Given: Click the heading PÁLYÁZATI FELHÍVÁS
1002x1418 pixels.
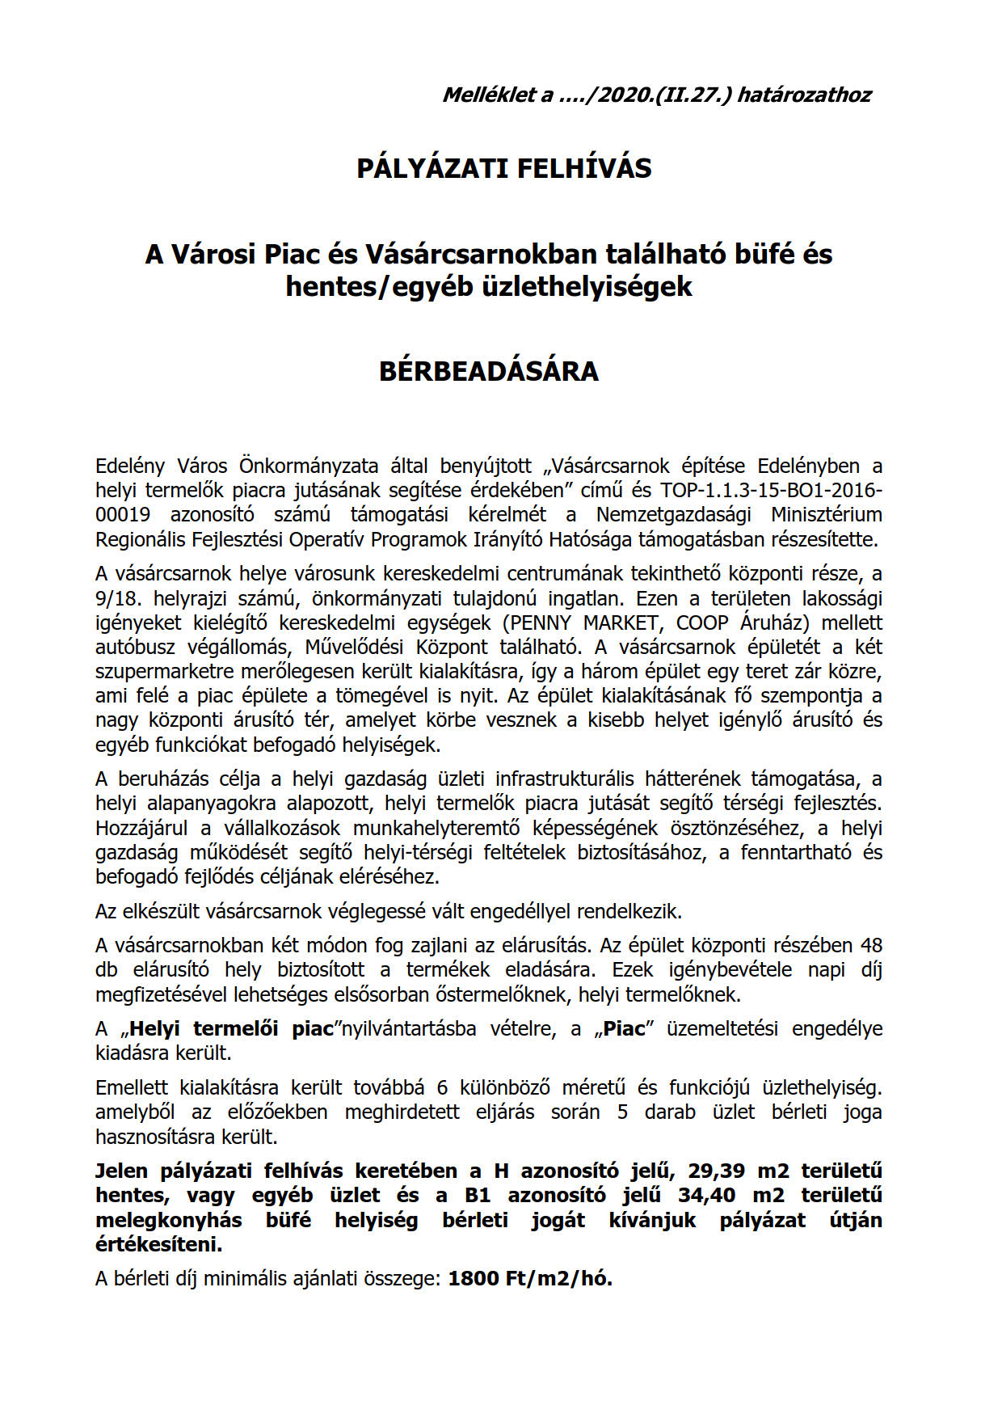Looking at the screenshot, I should click(x=503, y=168).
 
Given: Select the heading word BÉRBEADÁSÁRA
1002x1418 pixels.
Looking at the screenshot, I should click(x=489, y=371).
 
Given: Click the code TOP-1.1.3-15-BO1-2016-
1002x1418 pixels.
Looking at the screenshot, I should click(x=771, y=491).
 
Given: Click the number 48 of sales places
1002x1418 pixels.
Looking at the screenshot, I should click(x=871, y=945).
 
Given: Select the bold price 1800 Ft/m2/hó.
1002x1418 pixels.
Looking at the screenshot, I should click(x=530, y=1279).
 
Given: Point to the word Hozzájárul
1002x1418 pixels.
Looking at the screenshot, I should click(x=141, y=828).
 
